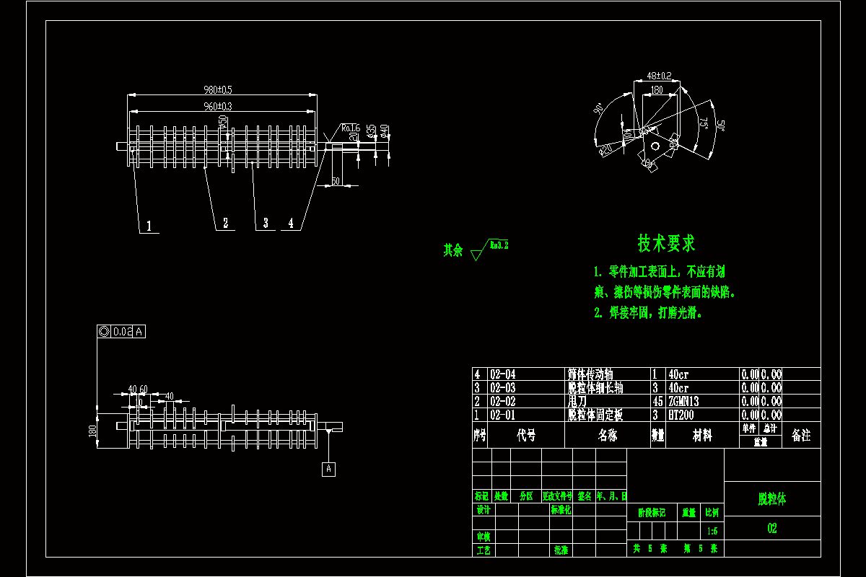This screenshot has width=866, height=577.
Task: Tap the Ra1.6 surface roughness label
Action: pos(351,128)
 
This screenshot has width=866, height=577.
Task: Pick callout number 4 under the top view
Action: pos(292,224)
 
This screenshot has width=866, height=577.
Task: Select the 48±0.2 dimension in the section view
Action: pos(658,75)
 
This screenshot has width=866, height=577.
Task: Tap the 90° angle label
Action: pos(598,110)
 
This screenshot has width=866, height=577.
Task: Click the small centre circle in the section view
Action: pos(655,146)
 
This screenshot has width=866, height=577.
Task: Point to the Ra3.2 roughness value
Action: pos(499,245)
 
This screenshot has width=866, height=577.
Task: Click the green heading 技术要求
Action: pos(666,243)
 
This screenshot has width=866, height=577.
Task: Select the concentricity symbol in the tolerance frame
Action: pos(103,332)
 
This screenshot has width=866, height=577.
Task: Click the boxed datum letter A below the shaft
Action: pos(329,469)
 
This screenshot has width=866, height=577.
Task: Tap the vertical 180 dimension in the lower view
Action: pos(92,431)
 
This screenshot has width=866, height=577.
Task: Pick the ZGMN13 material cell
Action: pos(684,401)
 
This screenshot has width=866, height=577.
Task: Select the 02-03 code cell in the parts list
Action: pos(503,387)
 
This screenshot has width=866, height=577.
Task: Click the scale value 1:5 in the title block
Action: pos(712,531)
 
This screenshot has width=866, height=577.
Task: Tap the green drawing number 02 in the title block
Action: pos(772,528)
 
